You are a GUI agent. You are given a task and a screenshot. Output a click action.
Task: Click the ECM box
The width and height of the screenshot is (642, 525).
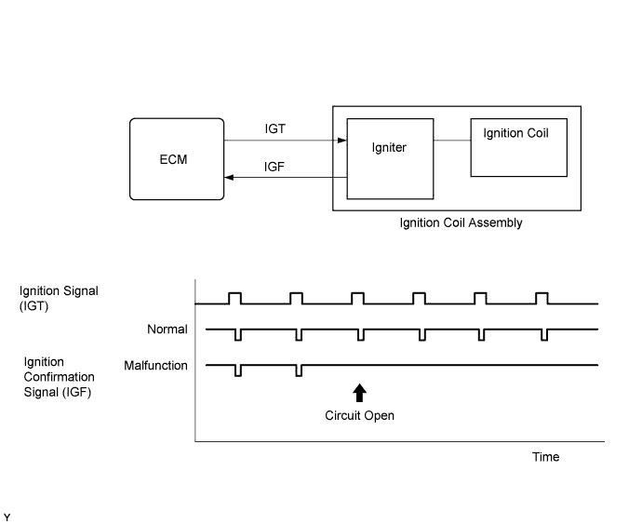click(x=177, y=159)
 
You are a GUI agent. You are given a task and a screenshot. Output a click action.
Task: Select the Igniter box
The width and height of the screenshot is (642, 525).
click(x=390, y=159)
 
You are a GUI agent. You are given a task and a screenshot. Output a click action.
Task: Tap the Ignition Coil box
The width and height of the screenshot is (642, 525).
click(x=519, y=147)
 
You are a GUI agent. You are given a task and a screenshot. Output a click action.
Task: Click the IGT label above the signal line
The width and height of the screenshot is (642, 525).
click(x=274, y=128)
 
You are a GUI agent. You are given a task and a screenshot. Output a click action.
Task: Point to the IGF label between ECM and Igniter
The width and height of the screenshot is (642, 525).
click(x=274, y=167)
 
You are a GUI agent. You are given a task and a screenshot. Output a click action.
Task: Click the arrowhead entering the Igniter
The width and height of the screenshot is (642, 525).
click(x=341, y=141)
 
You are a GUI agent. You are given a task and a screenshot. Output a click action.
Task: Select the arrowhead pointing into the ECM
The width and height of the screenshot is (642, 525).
click(x=229, y=177)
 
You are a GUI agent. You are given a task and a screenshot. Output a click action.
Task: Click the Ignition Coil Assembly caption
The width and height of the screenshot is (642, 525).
click(x=461, y=222)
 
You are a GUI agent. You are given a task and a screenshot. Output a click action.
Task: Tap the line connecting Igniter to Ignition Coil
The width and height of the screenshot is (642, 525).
click(x=452, y=140)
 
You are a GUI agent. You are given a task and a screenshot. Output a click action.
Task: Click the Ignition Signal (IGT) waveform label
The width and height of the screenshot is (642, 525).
click(x=59, y=298)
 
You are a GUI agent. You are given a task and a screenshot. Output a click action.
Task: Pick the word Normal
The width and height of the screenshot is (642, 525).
click(x=167, y=329)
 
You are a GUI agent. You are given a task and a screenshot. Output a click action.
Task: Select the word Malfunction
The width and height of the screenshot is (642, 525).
click(x=155, y=365)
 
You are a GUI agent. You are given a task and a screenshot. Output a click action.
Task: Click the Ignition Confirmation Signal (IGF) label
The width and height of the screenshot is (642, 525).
click(x=59, y=377)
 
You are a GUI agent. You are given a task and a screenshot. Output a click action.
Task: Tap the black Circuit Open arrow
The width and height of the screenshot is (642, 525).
click(x=359, y=393)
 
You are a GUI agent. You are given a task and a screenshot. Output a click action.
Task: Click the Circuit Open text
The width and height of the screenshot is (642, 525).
click(x=359, y=416)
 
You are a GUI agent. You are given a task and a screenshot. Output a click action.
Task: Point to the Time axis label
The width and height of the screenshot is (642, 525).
click(x=545, y=457)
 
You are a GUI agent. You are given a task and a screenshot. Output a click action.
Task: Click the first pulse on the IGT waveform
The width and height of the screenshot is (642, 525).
click(x=234, y=298)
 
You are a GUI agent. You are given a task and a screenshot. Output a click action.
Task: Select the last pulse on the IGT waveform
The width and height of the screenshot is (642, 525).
click(x=542, y=298)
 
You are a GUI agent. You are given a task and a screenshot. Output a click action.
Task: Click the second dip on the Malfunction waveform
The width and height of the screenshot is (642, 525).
click(x=299, y=370)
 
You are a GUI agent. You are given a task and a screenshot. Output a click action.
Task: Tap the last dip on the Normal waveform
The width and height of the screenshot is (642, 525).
click(x=544, y=334)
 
